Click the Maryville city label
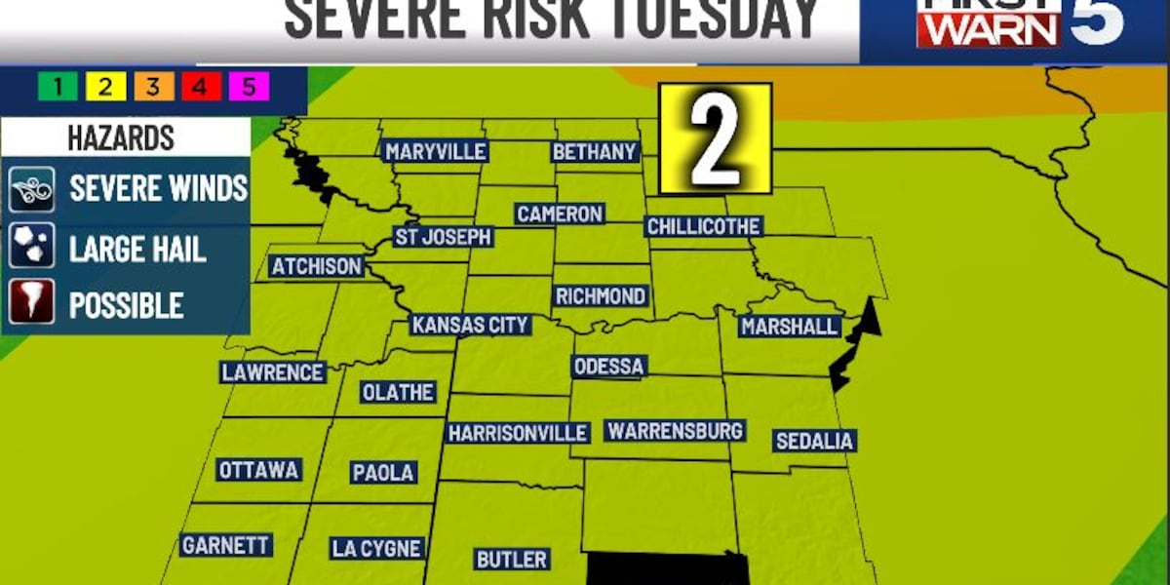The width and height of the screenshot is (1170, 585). pos(435,152)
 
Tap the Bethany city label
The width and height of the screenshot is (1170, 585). pos(595,152)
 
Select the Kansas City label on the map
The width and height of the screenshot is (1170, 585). pos(470,325)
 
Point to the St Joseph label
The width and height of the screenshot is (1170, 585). pos(443,237)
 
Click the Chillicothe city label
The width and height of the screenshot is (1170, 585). pos(703,226)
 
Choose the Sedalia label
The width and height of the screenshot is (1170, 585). pos(814,441)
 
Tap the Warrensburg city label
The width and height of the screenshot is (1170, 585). pos(675,430)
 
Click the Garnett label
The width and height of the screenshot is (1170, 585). pos(225,546)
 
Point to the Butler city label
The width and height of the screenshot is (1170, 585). pos(511,560)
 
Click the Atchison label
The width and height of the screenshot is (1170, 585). pos(316,266)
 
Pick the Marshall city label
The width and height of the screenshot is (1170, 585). pos(789,327)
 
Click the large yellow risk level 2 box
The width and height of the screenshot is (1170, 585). pos(716,138)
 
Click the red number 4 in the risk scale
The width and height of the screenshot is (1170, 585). pos(200,88)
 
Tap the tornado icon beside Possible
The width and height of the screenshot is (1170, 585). pos(31,305)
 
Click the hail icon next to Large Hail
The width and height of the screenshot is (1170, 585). pos(31,248)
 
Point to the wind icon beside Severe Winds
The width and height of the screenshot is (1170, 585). pos(31,189)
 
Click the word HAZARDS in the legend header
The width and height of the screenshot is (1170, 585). pos(121,137)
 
